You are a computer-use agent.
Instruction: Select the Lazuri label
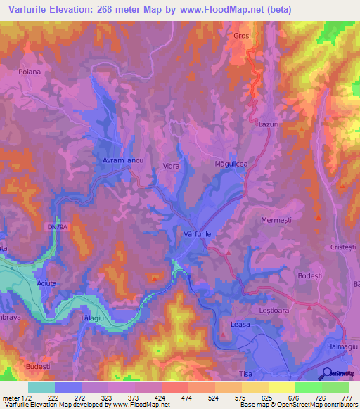pyautogui.click(x=269, y=123)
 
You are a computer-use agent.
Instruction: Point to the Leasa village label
pyautogui.click(x=240, y=324)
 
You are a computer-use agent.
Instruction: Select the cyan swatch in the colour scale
pyautogui.click(x=41, y=387)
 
